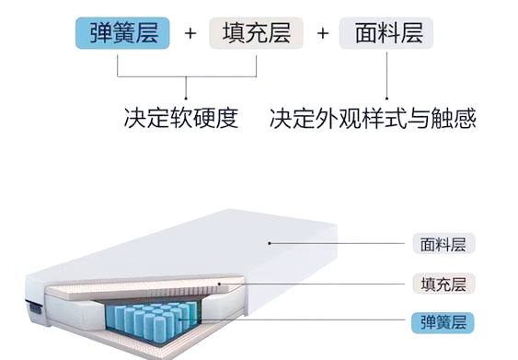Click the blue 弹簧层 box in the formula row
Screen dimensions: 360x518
tap(123, 34)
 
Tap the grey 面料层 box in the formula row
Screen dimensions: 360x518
tap(386, 34)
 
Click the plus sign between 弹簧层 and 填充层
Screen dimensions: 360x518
tap(190, 35)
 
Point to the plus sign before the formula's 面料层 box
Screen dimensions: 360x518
tap(322, 35)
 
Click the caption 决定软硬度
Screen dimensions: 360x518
tap(181, 119)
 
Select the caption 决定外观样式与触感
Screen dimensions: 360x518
tap(373, 119)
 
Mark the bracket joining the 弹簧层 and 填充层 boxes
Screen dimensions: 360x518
tap(187, 76)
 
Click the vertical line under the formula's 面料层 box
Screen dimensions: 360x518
tap(386, 74)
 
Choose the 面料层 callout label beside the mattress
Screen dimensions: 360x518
tap(443, 245)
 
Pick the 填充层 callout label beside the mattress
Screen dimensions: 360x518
tap(443, 284)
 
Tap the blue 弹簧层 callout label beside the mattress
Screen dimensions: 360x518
tap(443, 322)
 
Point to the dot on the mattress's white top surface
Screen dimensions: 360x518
tap(268, 244)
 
